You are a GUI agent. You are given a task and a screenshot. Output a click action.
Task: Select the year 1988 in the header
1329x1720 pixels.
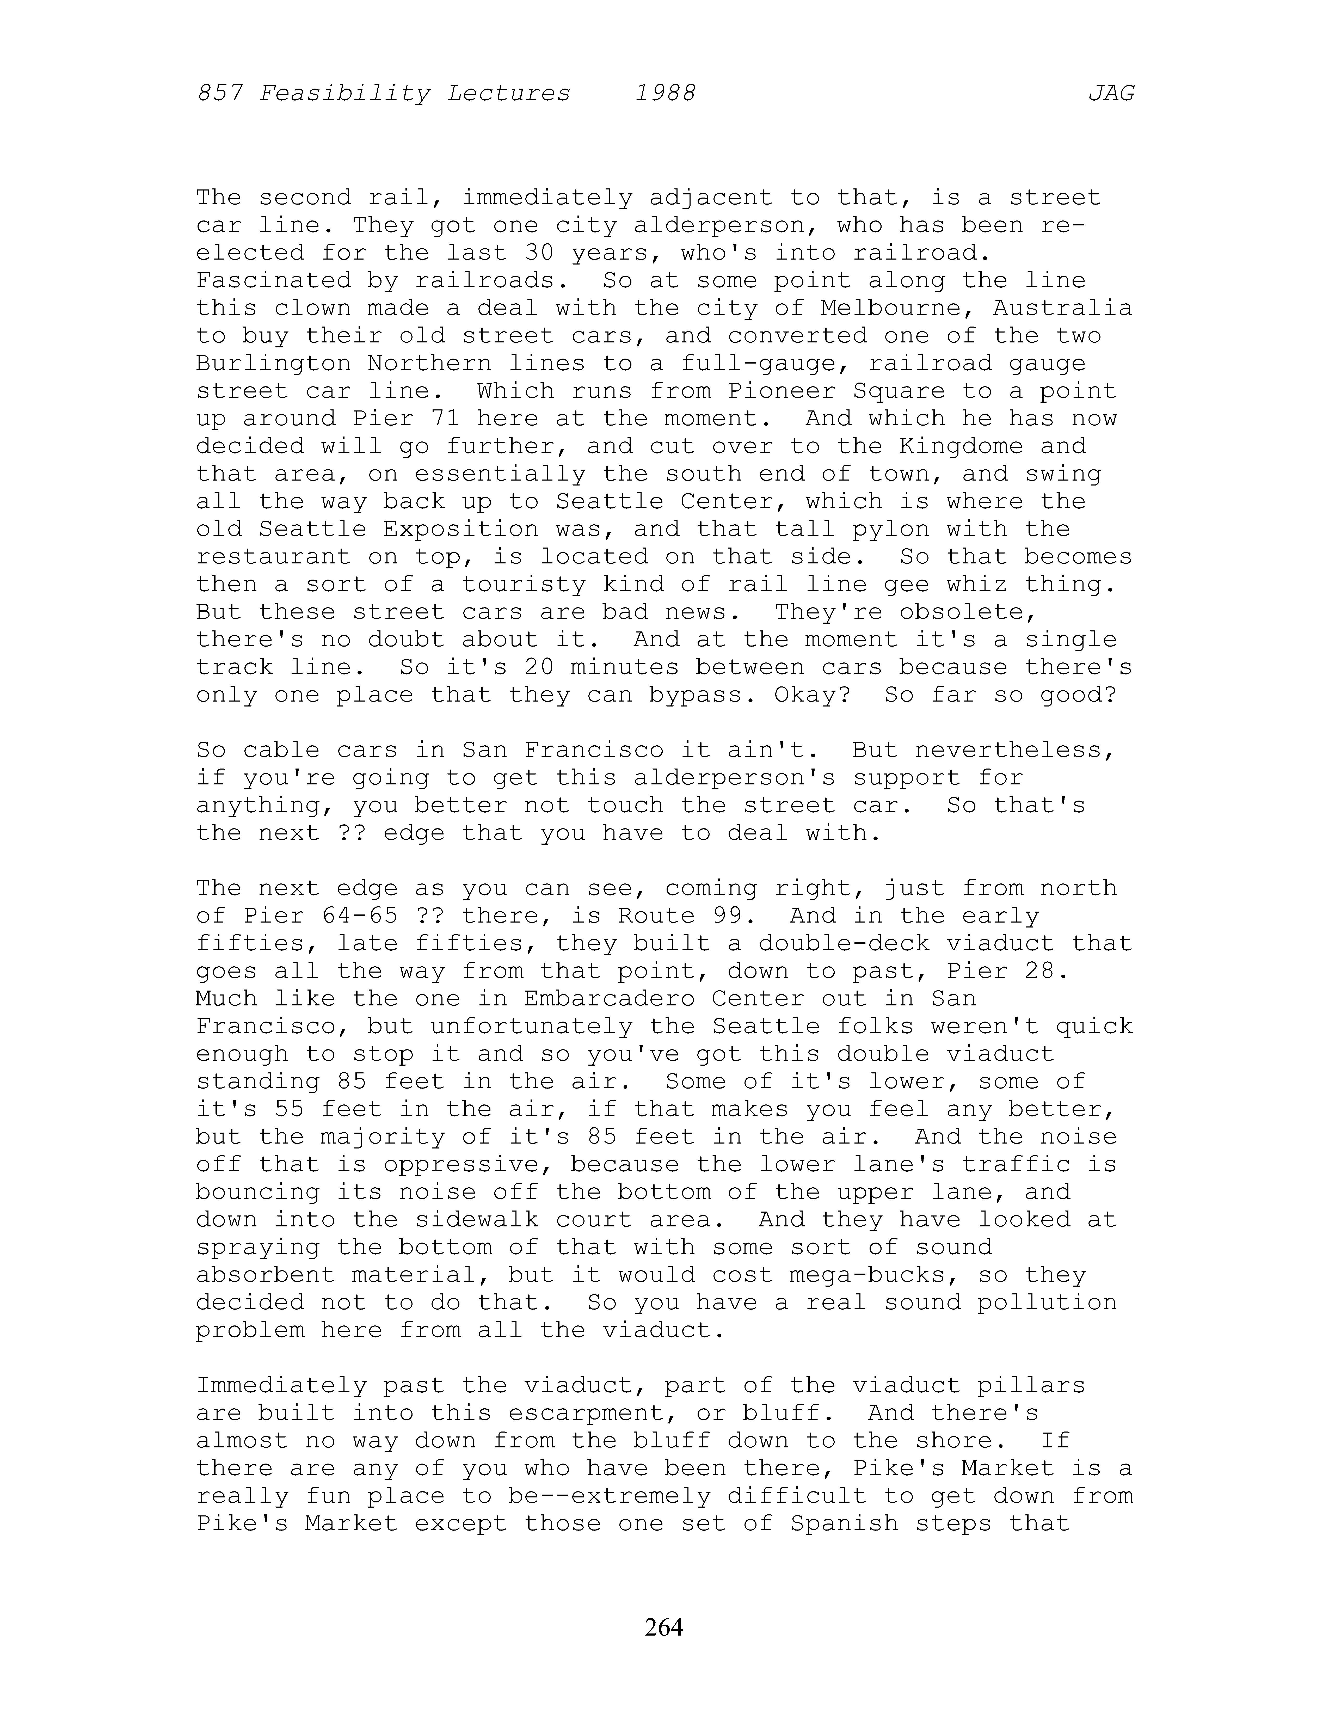665,94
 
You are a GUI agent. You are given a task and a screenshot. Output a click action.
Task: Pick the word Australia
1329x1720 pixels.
1063,308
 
